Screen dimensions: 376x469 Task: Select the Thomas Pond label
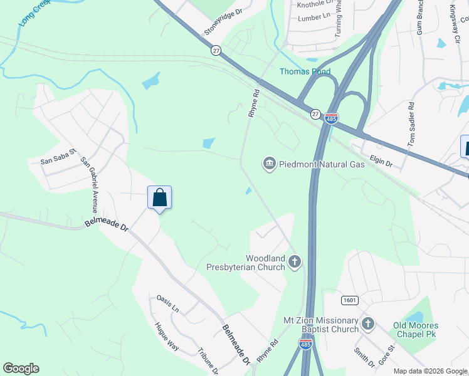click(x=305, y=71)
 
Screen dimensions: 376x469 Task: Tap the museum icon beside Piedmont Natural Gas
click(x=270, y=164)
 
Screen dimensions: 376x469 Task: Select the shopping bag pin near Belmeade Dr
click(x=159, y=197)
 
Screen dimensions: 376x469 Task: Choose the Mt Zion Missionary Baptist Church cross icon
click(x=368, y=324)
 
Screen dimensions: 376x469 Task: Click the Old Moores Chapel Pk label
click(x=416, y=330)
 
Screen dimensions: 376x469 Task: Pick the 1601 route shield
click(x=350, y=301)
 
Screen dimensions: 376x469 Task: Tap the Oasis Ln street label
click(x=167, y=304)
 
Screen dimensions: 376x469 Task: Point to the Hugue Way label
click(x=166, y=335)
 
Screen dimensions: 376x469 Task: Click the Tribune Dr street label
click(x=208, y=361)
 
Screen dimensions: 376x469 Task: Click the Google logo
click(x=21, y=368)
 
